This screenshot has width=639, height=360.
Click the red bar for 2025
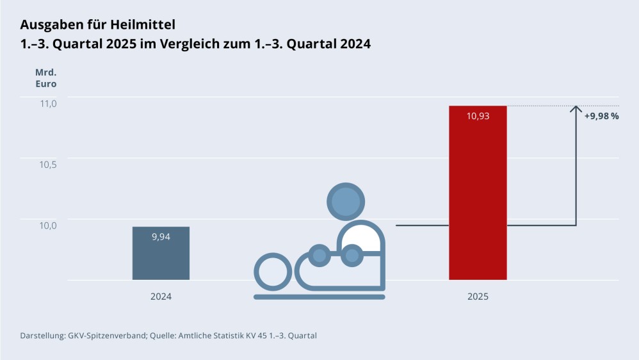click(x=478, y=192)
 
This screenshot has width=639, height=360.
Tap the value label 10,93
click(x=478, y=116)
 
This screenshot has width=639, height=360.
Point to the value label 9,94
click(x=161, y=236)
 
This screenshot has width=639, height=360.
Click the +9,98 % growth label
click(x=601, y=116)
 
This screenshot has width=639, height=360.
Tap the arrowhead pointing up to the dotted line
click(x=576, y=110)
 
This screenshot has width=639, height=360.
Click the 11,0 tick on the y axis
click(x=49, y=103)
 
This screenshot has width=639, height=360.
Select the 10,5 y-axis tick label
click(x=49, y=164)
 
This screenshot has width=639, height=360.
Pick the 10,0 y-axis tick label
click(x=49, y=225)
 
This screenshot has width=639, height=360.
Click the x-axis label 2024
click(x=161, y=297)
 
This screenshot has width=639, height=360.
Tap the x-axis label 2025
click(x=478, y=297)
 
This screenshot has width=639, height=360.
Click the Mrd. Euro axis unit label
click(x=45, y=78)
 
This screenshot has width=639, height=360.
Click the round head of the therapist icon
click(x=345, y=200)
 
